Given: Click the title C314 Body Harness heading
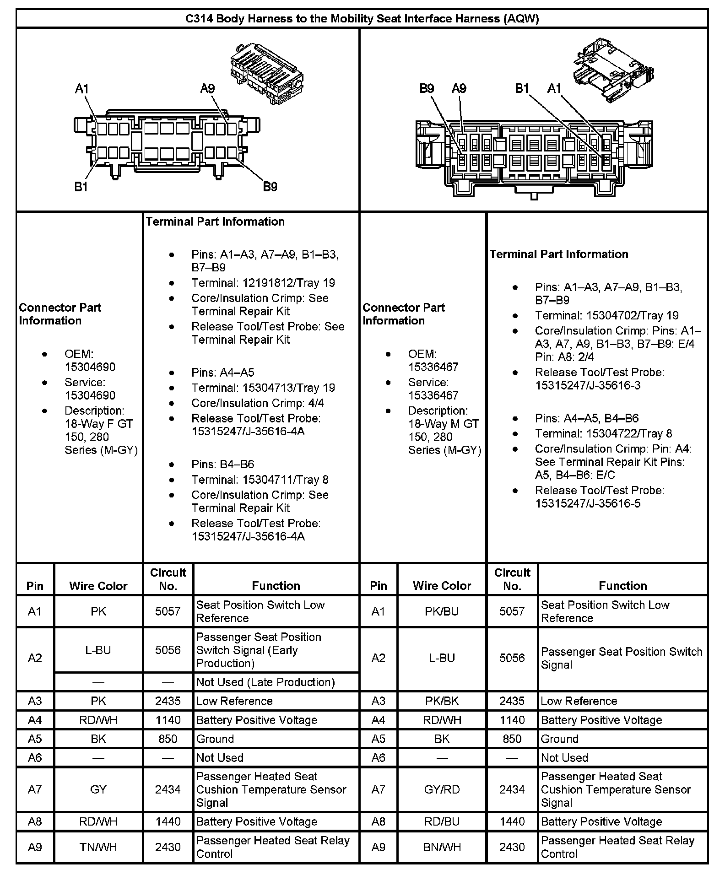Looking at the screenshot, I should (x=362, y=18).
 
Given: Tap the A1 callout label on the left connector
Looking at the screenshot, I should (x=81, y=89).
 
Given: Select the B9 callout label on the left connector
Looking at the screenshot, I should (x=270, y=187).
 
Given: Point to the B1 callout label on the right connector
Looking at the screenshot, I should (x=522, y=88).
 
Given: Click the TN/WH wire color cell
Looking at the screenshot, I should (x=98, y=847).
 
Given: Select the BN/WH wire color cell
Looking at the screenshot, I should (x=442, y=847).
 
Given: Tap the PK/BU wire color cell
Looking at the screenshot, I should (x=442, y=611).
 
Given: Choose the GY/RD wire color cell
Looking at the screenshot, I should (x=442, y=789).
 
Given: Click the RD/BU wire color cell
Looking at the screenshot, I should (x=442, y=821).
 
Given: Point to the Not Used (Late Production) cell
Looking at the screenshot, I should (x=265, y=682).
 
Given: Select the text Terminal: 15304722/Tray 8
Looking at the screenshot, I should (x=603, y=433).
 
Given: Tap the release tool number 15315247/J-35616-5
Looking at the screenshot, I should (x=588, y=503).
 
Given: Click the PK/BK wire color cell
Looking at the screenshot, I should (x=442, y=701).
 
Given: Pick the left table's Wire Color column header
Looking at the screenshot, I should (x=98, y=586).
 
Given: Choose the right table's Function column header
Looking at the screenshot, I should (x=622, y=586).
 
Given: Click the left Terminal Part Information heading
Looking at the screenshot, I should (x=215, y=221).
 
